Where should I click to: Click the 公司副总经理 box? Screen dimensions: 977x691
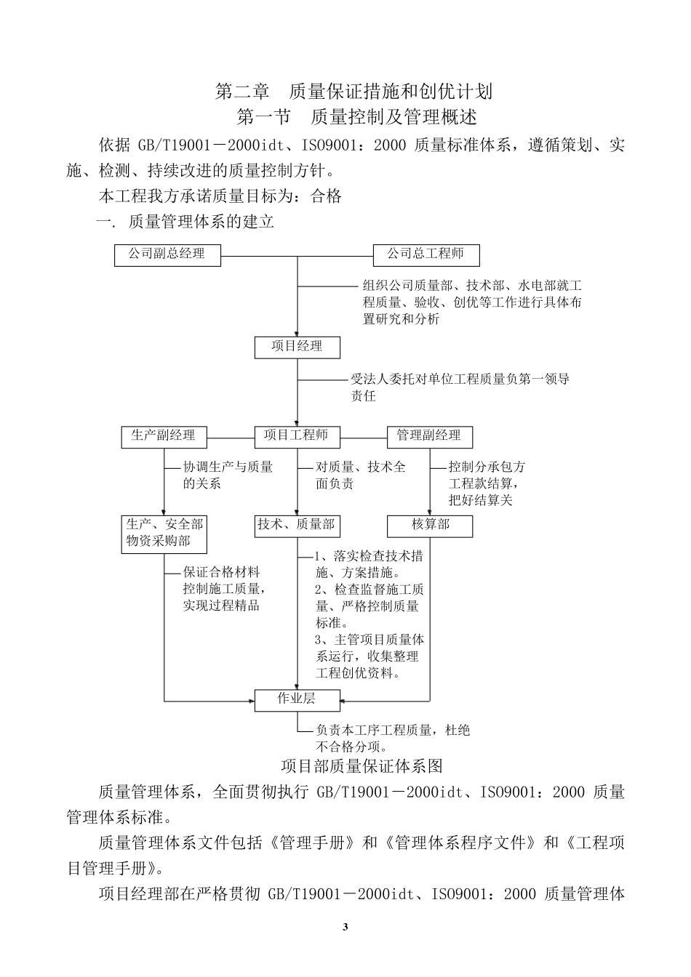tap(167, 255)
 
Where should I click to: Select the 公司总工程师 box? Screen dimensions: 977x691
tap(426, 255)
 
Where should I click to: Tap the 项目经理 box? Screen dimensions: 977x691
tap(297, 347)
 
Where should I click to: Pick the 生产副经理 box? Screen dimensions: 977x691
tap(164, 436)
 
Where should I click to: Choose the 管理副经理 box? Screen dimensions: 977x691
tap(429, 436)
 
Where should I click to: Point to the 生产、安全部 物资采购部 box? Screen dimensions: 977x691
tap(164, 534)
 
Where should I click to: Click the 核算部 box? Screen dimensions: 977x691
tap(431, 526)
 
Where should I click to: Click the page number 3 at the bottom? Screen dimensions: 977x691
tap(345, 927)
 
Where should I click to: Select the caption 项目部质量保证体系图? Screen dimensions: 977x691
tap(362, 766)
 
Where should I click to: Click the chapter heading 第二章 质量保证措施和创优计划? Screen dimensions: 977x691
tap(354, 92)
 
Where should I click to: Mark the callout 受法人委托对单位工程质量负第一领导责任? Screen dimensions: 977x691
tap(458, 387)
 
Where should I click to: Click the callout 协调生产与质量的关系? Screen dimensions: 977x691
tap(227, 475)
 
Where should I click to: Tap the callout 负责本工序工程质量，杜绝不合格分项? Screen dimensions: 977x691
tap(393, 738)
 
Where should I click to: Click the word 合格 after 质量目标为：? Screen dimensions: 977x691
tap(326, 196)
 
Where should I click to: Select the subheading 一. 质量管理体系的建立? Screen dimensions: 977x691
tap(185, 222)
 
